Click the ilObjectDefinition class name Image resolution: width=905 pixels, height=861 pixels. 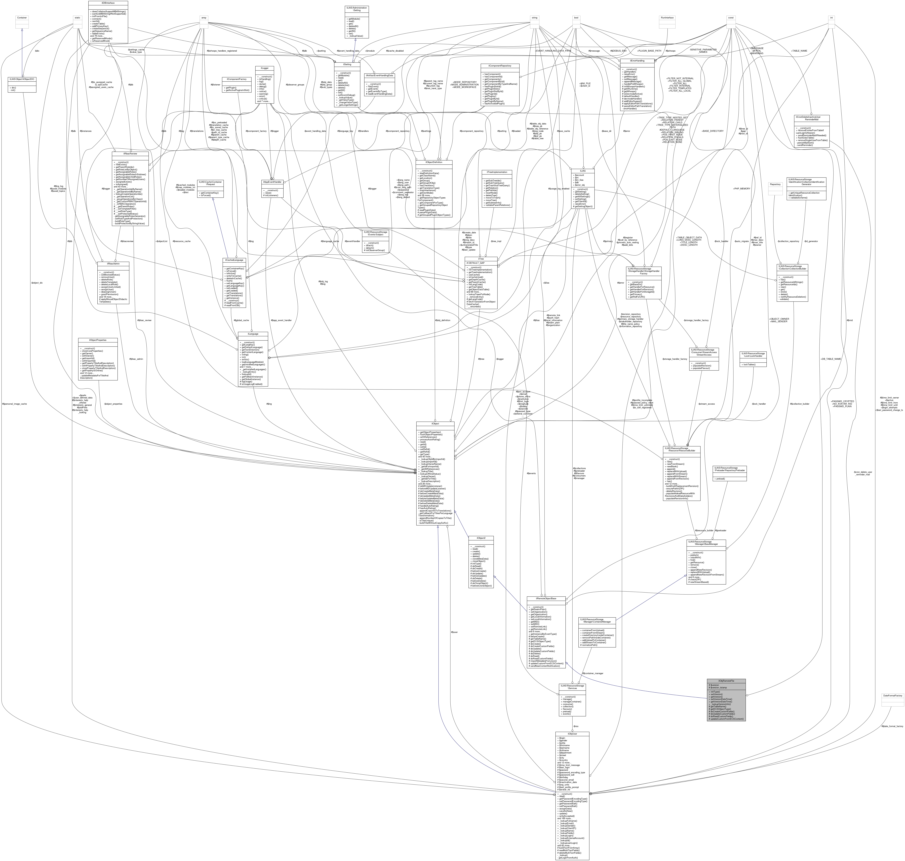click(434, 162)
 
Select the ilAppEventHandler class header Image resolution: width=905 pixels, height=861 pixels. click(272, 182)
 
